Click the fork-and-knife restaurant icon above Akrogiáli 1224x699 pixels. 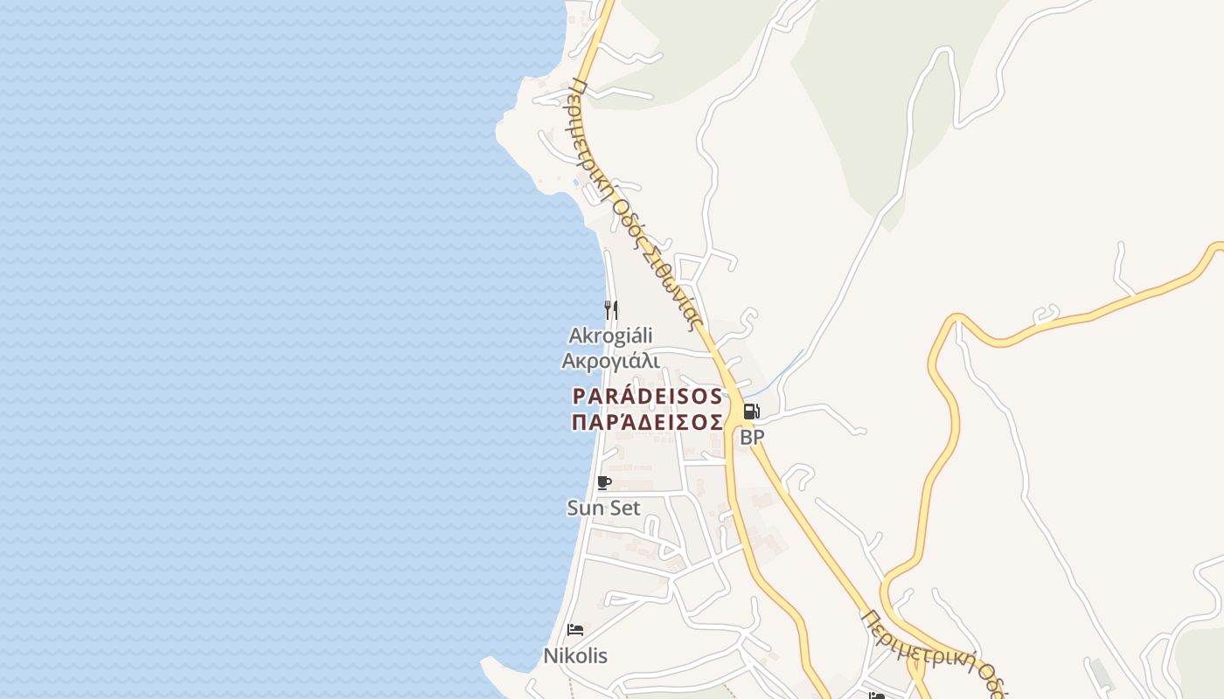(611, 308)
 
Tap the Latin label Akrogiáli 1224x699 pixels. (610, 336)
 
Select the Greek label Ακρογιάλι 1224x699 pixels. (610, 361)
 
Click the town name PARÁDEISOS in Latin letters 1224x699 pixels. (647, 397)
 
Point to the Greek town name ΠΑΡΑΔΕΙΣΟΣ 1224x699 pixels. (647, 423)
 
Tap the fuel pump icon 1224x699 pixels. (751, 412)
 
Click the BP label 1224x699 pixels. (752, 438)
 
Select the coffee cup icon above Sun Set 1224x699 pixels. (603, 482)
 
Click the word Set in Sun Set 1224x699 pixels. (625, 508)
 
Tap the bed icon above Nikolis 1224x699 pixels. (575, 629)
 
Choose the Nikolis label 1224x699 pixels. (575, 655)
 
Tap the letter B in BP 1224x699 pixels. (746, 438)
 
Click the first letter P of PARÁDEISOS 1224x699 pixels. (578, 397)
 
